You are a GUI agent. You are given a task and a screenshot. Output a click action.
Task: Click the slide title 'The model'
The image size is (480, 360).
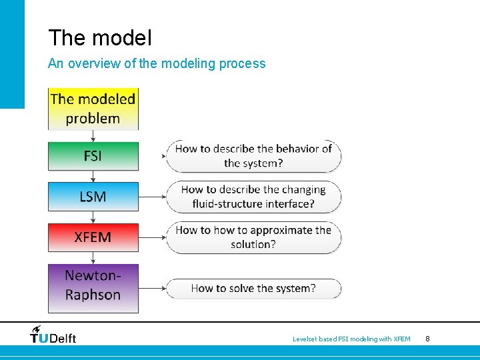pyautogui.click(x=100, y=38)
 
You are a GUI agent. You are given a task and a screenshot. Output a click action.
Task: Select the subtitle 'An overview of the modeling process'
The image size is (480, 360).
pyautogui.click(x=157, y=64)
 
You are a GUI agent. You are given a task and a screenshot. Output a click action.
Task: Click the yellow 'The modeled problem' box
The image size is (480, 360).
pyautogui.click(x=93, y=109)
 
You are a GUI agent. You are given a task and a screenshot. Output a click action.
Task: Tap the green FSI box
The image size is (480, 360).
pyautogui.click(x=93, y=156)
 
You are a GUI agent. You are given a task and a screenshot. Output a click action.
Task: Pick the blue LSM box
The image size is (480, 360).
pyautogui.click(x=93, y=197)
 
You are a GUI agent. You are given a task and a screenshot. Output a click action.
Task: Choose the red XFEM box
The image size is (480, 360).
pyautogui.click(x=93, y=237)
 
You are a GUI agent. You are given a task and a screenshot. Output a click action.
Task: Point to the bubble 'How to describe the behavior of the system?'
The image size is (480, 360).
pyautogui.click(x=253, y=156)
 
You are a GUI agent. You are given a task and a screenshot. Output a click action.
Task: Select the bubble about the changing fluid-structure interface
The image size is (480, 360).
pyautogui.click(x=253, y=197)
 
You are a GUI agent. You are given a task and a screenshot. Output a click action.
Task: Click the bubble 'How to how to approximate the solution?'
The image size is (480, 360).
pyautogui.click(x=253, y=237)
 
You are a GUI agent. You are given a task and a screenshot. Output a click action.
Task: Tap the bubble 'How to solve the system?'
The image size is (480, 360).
pyautogui.click(x=253, y=289)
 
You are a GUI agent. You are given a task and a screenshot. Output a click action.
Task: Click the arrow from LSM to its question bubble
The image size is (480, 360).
pyautogui.click(x=152, y=197)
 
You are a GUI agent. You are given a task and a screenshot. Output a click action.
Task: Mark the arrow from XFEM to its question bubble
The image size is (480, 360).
pyautogui.click(x=152, y=237)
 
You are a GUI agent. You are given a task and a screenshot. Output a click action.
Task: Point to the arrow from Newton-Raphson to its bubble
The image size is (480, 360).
pyautogui.click(x=152, y=289)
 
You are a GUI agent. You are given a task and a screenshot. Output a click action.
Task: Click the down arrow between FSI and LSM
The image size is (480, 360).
pyautogui.click(x=93, y=176)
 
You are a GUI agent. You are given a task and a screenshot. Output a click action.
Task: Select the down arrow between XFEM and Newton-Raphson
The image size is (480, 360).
pyautogui.click(x=93, y=258)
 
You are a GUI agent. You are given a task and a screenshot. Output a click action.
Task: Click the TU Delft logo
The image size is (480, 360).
pyautogui.click(x=53, y=335)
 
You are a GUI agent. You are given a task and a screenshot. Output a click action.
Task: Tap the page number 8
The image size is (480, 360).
pyautogui.click(x=427, y=339)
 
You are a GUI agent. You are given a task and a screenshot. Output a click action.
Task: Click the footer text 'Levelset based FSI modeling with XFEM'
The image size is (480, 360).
pyautogui.click(x=351, y=339)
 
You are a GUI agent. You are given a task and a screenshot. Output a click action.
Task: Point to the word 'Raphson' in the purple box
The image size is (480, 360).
pyautogui.click(x=93, y=295)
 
